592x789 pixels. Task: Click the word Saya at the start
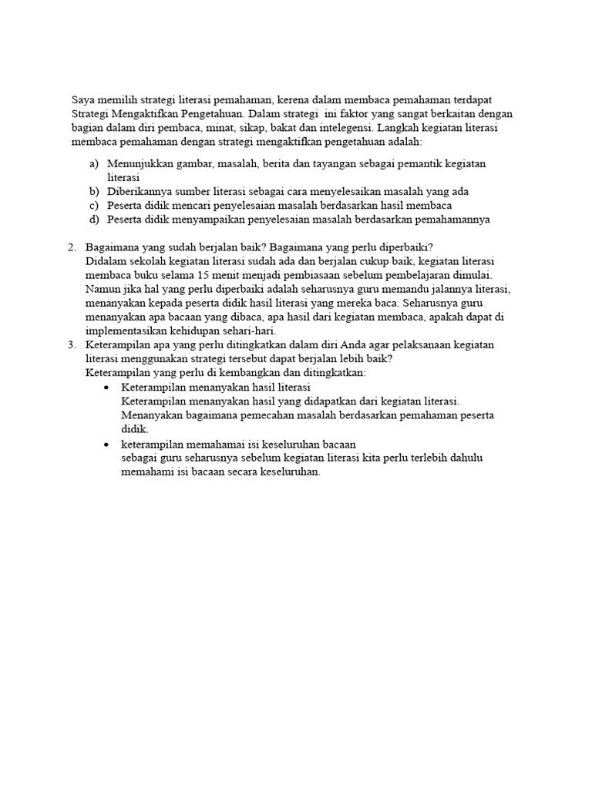tap(84, 100)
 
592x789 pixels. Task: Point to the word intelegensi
tap(345, 128)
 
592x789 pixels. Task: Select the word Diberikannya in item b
tap(140, 192)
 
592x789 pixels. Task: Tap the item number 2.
tap(72, 247)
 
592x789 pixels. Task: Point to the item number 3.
tap(72, 344)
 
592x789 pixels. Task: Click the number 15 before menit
tap(201, 275)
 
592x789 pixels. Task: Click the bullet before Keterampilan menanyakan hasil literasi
tap(106, 387)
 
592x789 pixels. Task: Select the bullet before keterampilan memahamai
tap(106, 445)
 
